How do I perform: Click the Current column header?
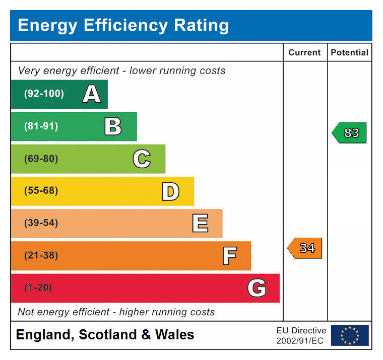pos(304,52)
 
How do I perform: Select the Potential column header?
pos(349,52)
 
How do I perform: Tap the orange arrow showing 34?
pos(305,248)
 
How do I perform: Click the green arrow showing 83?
pos(350,133)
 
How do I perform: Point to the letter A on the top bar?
pos(91,94)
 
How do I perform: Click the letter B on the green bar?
pos(113,126)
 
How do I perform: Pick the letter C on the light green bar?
pos(142,159)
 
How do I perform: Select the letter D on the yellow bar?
pos(170,191)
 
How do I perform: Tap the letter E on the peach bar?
pos(200,224)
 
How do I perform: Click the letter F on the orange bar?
pos(229,256)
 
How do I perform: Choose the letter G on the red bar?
pos(257,288)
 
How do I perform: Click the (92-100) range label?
pos(44,94)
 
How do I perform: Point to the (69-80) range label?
pos(41,159)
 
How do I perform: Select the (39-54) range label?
pos(41,223)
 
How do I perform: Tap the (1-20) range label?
pos(38,288)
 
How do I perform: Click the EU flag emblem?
pos(350,335)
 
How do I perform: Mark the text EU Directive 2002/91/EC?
pos(301,335)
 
